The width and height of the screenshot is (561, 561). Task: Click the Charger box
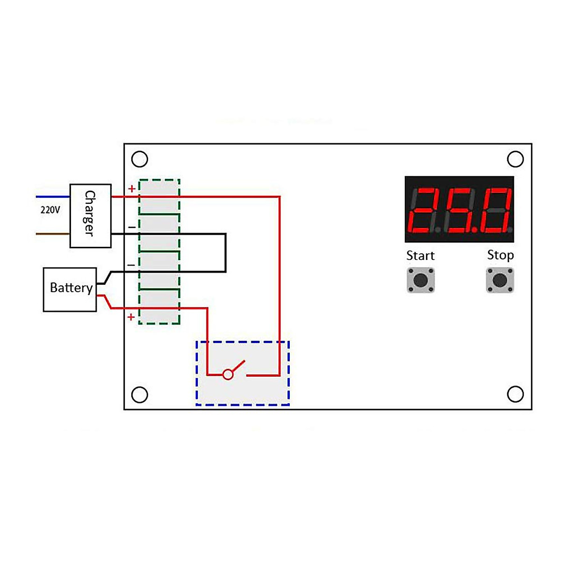(x=91, y=216)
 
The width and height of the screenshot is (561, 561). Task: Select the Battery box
(x=70, y=289)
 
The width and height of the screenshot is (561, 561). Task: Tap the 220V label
(x=50, y=209)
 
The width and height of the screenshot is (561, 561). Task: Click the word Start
(x=420, y=256)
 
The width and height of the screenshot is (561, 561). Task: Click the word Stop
(x=500, y=255)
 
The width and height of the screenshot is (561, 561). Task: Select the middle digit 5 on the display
(x=461, y=210)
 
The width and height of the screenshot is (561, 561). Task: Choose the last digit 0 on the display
(x=498, y=210)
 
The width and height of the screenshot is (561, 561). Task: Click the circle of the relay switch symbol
(x=228, y=374)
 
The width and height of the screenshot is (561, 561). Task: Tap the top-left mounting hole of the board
(x=140, y=159)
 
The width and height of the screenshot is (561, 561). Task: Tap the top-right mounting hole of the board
(x=515, y=159)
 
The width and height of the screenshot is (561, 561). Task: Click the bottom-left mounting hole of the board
(x=140, y=395)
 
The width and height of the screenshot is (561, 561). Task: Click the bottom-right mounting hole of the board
(x=515, y=394)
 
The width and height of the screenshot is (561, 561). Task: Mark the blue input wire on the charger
(x=53, y=197)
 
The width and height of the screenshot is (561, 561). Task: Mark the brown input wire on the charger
(x=53, y=234)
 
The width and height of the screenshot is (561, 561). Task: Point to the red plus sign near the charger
(x=132, y=189)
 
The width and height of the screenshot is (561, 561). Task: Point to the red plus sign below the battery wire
(x=131, y=317)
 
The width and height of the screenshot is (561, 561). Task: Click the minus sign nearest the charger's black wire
(x=132, y=227)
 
